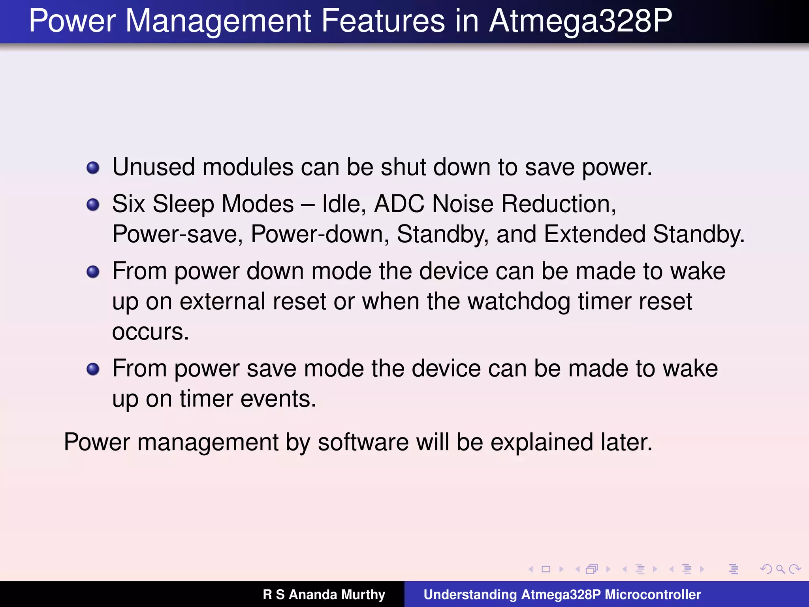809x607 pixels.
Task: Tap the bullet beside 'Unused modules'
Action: click(93, 168)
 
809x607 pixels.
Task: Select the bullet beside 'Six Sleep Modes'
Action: click(93, 205)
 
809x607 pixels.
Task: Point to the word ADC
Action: click(399, 204)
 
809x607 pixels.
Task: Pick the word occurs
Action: click(151, 332)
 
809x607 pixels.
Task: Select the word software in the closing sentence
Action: click(363, 442)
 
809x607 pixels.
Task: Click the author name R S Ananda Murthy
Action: click(324, 594)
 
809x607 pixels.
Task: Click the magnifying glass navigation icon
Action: click(780, 569)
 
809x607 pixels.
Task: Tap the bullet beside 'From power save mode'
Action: click(93, 369)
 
